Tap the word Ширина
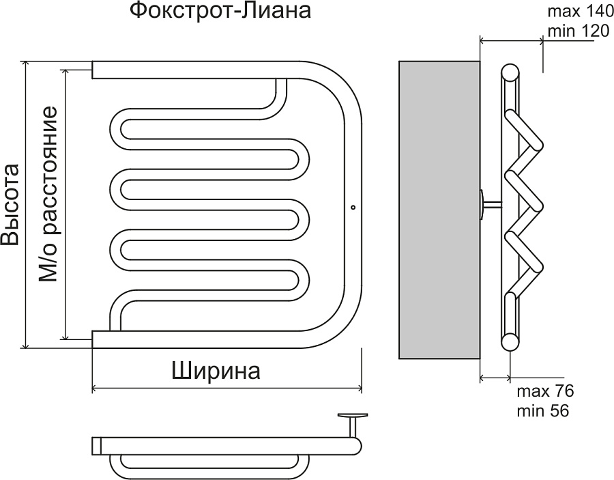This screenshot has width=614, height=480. tap(216, 371)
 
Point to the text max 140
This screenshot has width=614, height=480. tap(572, 11)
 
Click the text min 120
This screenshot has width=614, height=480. tap(572, 31)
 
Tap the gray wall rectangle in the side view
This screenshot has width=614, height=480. tap(439, 209)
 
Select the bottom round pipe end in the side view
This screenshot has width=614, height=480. tap(510, 341)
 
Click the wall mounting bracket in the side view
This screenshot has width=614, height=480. tap(488, 204)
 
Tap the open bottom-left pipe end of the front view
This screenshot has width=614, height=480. tap(94, 339)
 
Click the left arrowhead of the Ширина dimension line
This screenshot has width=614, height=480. tap(95, 389)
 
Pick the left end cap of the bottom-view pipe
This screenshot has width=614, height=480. tap(96, 446)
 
